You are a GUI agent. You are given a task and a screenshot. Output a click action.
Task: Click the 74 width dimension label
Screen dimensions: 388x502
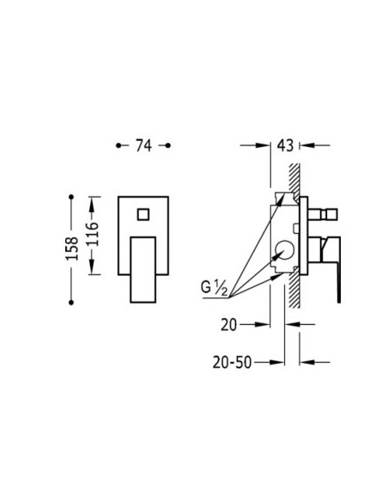coord(143,145)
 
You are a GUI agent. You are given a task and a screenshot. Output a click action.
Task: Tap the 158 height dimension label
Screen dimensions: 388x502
coord(72,248)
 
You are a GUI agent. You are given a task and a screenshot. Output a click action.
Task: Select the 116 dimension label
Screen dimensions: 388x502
coord(93,234)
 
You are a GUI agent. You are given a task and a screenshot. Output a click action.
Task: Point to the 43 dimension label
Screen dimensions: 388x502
coord(285,145)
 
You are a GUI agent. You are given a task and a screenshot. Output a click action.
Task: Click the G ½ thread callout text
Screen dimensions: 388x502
coord(214,286)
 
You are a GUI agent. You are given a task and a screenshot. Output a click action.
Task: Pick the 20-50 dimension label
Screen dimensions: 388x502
coord(232,363)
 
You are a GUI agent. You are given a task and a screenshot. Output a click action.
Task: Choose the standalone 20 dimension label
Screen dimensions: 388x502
coord(229,325)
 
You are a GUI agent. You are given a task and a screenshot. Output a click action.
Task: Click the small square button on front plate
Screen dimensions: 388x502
coord(143,215)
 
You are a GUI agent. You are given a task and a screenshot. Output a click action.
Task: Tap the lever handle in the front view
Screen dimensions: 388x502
coord(143,270)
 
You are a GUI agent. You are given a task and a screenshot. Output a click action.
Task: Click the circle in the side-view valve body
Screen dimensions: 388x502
coord(285,250)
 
